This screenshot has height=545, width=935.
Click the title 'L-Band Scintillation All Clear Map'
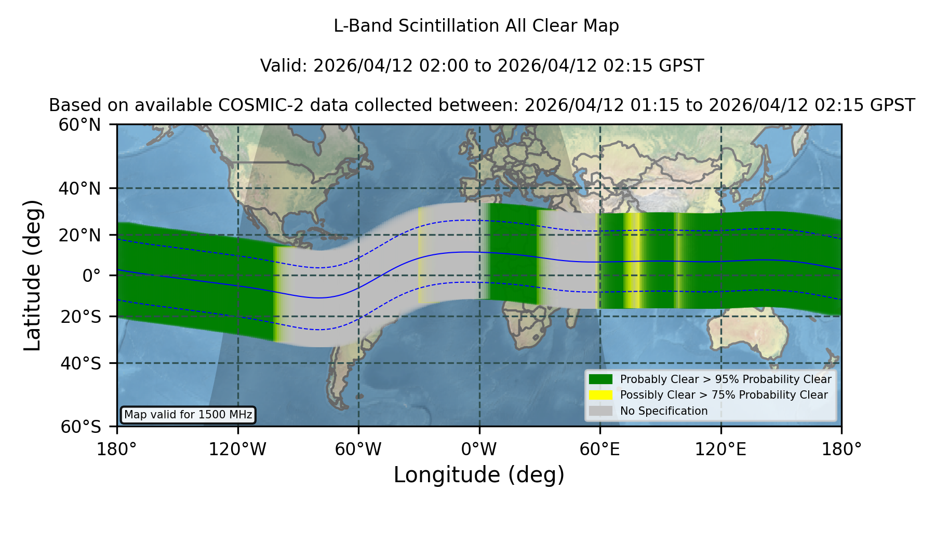pos(476,25)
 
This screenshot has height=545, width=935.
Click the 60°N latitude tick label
pos(79,125)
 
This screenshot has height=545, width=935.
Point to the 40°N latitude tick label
pos(79,188)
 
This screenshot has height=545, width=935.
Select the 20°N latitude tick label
pos(79,235)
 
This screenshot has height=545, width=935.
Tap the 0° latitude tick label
pos(91,276)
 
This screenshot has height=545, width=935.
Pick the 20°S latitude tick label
pos(81,317)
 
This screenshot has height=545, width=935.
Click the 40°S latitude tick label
pos(81,363)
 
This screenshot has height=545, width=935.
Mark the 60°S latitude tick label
pos(81,427)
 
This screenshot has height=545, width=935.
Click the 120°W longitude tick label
pos(237,449)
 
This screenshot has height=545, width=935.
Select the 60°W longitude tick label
pos(358,449)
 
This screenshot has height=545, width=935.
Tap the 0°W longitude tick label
pos(479,449)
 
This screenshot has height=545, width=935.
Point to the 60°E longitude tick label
pos(600,449)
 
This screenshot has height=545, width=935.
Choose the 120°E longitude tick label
pos(720,449)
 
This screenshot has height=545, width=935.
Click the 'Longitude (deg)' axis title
pos(479,475)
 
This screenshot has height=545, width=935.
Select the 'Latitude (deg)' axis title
pos(32,275)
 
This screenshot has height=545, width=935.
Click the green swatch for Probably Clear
pos(600,379)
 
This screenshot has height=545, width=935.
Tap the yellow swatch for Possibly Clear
pos(600,395)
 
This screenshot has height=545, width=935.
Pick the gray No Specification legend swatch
pos(600,411)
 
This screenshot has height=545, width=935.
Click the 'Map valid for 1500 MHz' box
pos(188,415)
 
